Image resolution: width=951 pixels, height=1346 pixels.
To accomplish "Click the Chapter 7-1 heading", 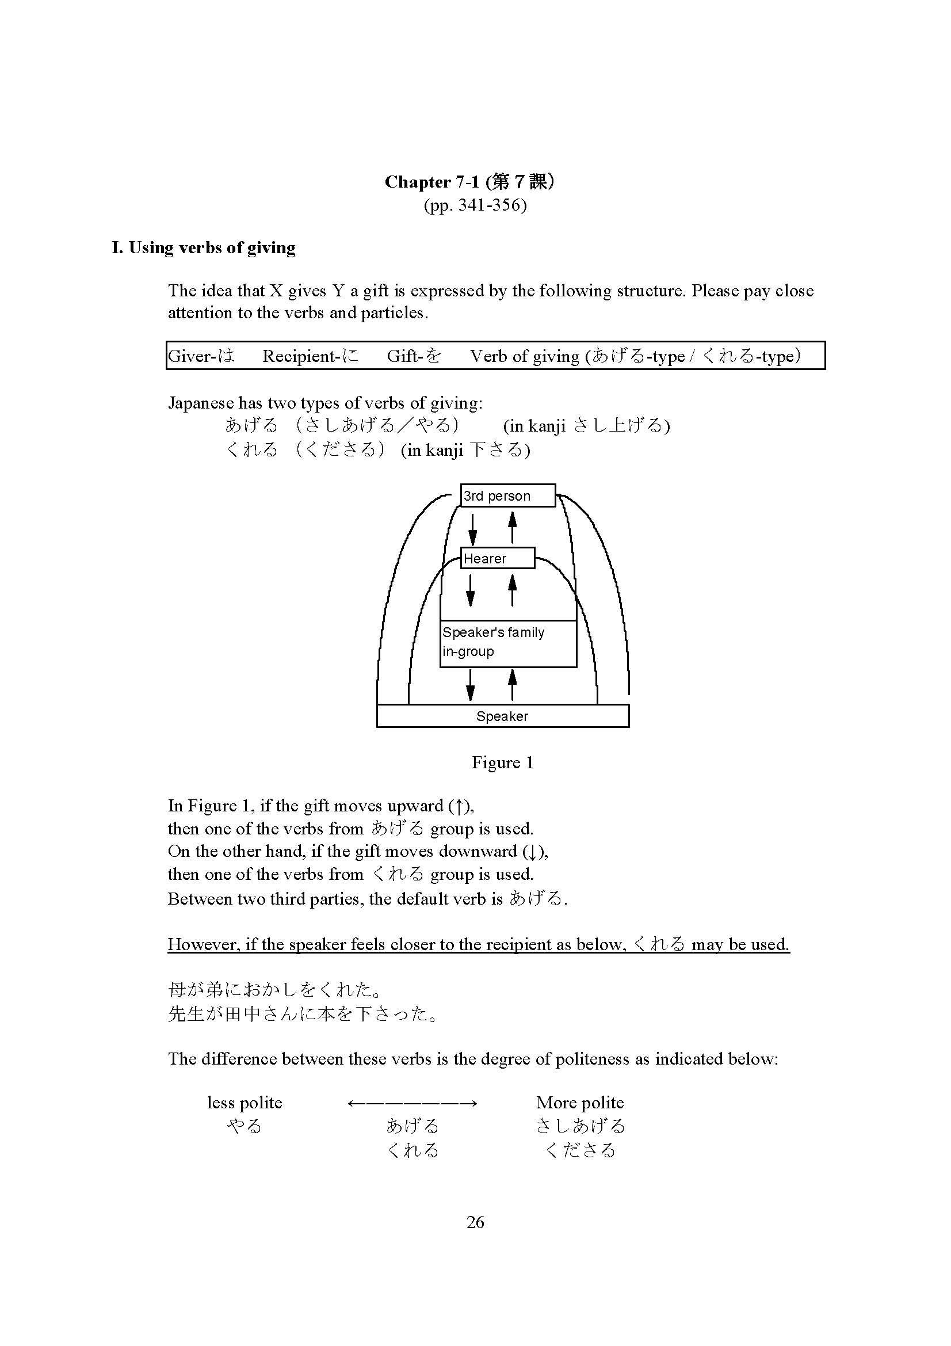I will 469,182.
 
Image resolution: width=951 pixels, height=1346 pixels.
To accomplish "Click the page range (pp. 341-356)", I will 475,205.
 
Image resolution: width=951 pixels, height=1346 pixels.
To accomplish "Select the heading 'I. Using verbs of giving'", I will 203,247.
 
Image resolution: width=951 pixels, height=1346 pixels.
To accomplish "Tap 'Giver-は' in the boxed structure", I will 201,356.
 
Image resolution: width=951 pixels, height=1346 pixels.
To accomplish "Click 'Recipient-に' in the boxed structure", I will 310,356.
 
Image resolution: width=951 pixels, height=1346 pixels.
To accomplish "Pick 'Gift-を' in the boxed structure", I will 414,356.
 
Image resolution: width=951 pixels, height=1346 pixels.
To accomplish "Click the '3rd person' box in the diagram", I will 507,495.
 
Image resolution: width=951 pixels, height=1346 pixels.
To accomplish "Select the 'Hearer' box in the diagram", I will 497,558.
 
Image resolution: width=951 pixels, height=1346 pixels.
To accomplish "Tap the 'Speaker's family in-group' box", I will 507,643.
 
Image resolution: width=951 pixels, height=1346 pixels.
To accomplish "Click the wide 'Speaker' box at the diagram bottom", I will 502,716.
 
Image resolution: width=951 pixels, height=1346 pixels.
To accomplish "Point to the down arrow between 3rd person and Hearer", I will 473,528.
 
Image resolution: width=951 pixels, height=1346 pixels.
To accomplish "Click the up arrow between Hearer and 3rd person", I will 512,527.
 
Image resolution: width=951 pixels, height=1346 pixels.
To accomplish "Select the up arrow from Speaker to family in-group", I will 512,685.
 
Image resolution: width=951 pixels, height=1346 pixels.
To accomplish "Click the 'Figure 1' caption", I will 502,762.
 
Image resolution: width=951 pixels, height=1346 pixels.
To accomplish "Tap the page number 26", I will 475,1222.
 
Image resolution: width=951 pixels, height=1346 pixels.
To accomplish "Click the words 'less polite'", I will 245,1103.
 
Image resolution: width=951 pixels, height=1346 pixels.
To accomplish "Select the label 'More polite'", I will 579,1103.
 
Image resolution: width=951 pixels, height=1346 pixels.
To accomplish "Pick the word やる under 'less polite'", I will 245,1126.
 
